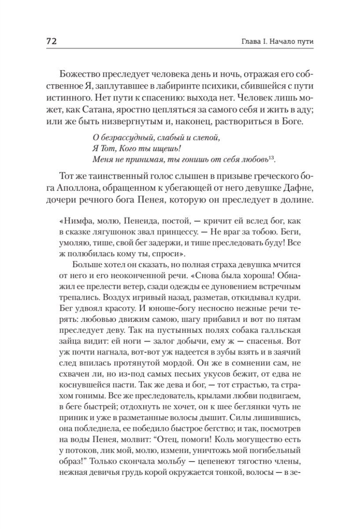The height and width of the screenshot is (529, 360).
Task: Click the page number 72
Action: [50, 41]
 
